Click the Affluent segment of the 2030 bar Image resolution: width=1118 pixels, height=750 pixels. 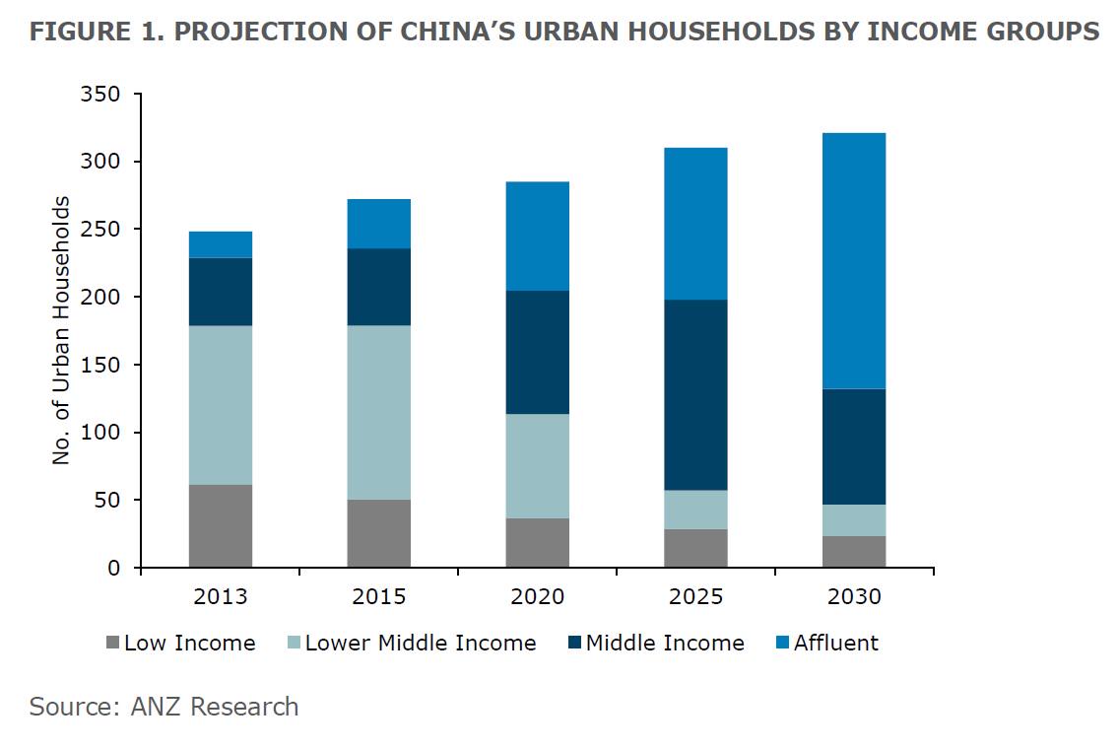point(854,260)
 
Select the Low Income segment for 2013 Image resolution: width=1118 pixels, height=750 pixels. point(221,525)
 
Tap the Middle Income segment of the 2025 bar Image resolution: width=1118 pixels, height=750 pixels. point(695,394)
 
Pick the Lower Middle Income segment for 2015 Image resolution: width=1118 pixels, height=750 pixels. point(379,412)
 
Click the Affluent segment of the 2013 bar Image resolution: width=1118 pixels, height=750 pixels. point(221,244)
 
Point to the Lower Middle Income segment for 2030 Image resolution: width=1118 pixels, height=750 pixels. point(854,520)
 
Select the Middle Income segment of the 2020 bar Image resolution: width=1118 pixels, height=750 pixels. point(537,352)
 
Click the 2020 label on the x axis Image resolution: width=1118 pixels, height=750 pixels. point(537,597)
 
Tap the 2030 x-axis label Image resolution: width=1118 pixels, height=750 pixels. point(854,597)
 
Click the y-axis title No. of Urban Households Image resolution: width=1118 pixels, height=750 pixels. point(62,330)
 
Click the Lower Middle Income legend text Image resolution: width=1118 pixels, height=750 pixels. point(421,644)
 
